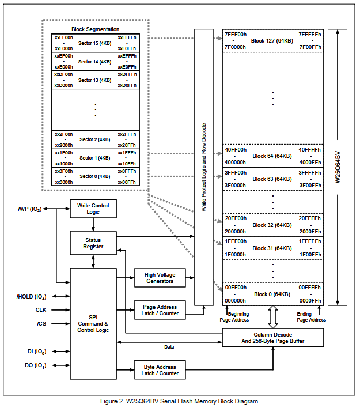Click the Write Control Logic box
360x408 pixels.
(93, 209)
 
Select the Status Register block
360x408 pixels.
(93, 243)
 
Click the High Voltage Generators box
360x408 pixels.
(160, 278)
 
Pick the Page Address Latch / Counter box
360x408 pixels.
(160, 310)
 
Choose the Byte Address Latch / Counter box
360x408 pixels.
(160, 370)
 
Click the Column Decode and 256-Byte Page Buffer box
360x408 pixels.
(272, 338)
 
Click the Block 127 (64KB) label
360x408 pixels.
(272, 41)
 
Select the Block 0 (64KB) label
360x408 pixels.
(272, 294)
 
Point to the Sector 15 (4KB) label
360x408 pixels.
(94, 43)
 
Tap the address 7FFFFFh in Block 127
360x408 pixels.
(310, 35)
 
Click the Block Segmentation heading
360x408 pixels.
(95, 29)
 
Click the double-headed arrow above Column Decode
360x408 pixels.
(272, 317)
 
